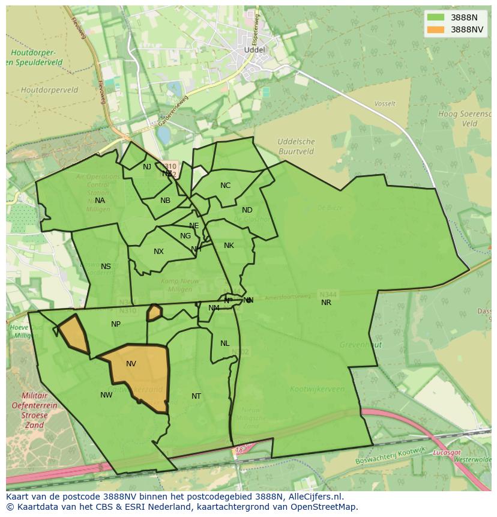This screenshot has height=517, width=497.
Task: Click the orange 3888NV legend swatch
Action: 436,29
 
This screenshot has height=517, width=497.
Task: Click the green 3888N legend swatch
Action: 436,17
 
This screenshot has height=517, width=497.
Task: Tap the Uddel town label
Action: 255,50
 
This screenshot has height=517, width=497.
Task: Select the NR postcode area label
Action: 326,303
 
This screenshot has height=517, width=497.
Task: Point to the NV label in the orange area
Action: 131,364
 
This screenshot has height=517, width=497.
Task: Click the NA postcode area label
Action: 100,201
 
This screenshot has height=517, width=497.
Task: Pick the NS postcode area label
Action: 106,267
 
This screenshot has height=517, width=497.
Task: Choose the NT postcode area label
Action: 196,396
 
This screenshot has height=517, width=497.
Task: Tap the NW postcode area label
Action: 106,395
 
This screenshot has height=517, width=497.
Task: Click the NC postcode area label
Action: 225,186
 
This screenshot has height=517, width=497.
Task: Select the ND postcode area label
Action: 247,210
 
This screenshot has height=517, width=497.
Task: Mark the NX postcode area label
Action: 158,252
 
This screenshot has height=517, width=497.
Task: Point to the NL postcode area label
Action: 224,343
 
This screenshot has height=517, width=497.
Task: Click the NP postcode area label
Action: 116,324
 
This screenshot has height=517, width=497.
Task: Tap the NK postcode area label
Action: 229,246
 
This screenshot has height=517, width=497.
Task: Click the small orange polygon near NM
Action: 154,312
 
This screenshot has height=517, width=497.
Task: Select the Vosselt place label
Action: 385,104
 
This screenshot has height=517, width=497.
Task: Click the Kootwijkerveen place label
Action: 317,389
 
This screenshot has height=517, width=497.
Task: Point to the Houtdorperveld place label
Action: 49,90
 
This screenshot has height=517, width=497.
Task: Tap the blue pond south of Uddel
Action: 163,134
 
